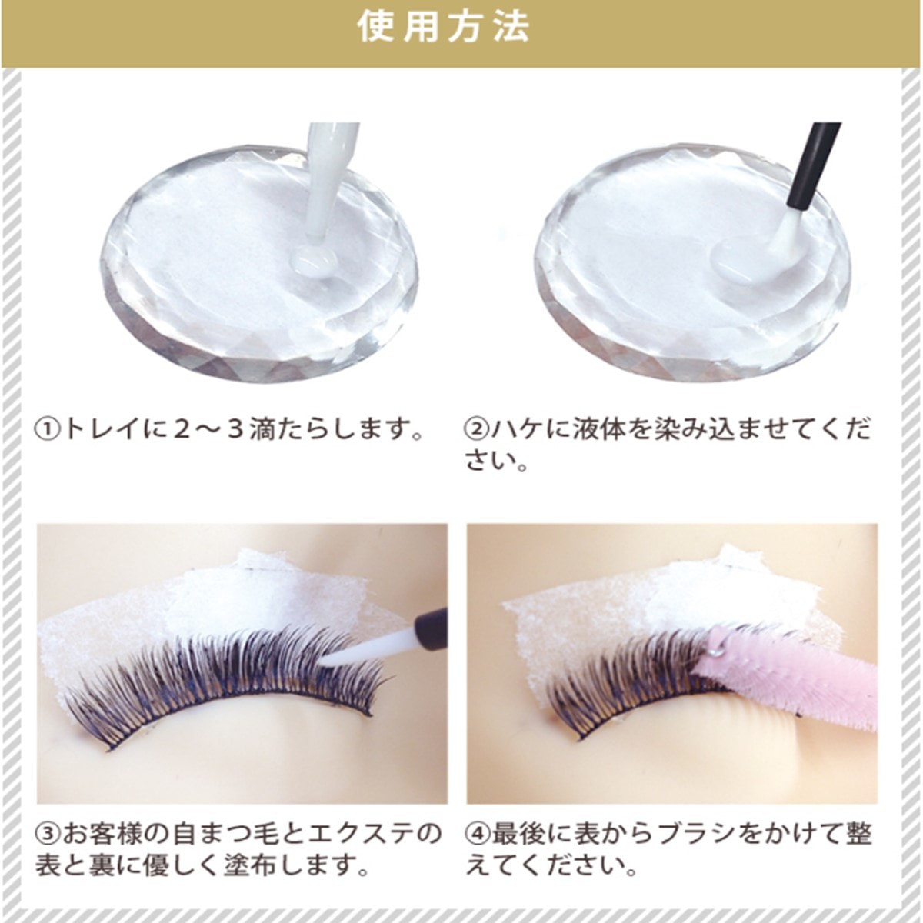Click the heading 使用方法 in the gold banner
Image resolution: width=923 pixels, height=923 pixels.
pyautogui.click(x=444, y=27)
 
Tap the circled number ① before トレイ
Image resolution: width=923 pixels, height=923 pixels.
pyautogui.click(x=48, y=429)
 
